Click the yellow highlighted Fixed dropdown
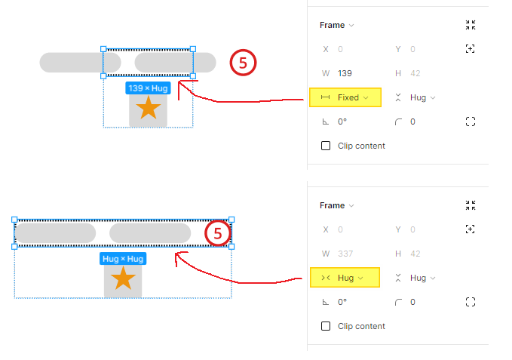click(x=345, y=97)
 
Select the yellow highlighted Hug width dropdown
click(x=344, y=278)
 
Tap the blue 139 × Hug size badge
click(x=148, y=88)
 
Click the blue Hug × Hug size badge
click(x=123, y=259)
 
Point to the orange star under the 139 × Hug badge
click(x=149, y=109)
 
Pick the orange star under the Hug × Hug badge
click(x=123, y=279)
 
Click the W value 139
click(x=345, y=73)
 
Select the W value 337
click(x=345, y=254)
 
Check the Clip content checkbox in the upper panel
click(x=326, y=146)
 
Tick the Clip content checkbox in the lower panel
click(x=326, y=326)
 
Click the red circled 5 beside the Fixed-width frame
click(x=243, y=63)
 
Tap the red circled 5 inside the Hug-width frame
click(x=218, y=234)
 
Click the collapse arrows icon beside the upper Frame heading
click(x=471, y=25)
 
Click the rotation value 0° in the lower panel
click(x=342, y=302)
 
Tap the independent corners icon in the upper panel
click(x=471, y=122)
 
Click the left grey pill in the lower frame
click(x=55, y=233)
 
